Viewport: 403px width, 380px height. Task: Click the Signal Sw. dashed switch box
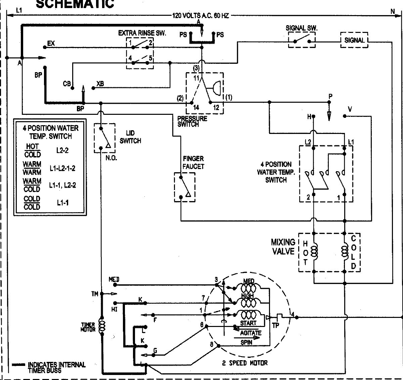pyautogui.click(x=302, y=40)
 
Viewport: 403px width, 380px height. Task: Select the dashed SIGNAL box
pyautogui.click(x=354, y=40)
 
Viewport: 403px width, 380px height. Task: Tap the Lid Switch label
pyautogui.click(x=130, y=137)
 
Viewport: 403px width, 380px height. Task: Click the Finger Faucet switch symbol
pyautogui.click(x=184, y=187)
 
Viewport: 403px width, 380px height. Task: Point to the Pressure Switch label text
pyautogui.click(x=192, y=121)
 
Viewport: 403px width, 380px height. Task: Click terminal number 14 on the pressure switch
pyautogui.click(x=196, y=108)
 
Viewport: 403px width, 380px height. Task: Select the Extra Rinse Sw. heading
pyautogui.click(x=142, y=33)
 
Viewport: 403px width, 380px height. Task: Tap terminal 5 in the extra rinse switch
pyautogui.click(x=151, y=58)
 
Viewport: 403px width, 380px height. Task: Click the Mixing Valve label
pyautogui.click(x=283, y=247)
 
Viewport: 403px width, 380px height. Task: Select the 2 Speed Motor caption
pyautogui.click(x=244, y=363)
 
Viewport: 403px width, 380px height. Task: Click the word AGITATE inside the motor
pyautogui.click(x=251, y=333)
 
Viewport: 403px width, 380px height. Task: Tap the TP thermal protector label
pyautogui.click(x=275, y=325)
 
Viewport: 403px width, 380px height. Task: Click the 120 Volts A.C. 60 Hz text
pyautogui.click(x=200, y=15)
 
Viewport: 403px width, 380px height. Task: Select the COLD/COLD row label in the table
pyautogui.click(x=32, y=203)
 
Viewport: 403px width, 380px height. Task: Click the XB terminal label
pyautogui.click(x=100, y=83)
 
